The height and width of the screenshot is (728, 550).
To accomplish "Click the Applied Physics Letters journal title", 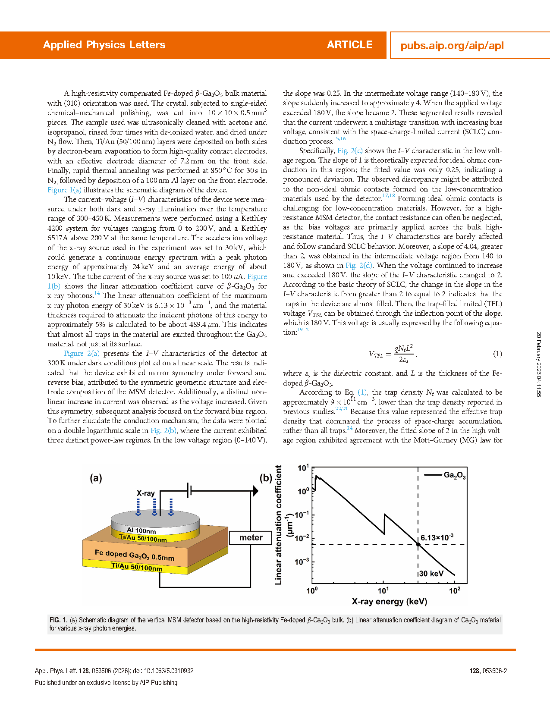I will pos(104,45).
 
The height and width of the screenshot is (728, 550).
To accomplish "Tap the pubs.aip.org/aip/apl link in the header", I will pos(452,46).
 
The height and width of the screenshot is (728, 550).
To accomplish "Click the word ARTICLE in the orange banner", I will pos(349,45).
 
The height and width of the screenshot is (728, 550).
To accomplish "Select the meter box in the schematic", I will pos(251,538).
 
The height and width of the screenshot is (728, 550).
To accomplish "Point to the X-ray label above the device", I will pos(145,493).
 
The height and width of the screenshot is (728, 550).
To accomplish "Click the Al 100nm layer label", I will pos(141,530).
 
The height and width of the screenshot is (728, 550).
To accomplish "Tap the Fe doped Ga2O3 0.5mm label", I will pos(135,555).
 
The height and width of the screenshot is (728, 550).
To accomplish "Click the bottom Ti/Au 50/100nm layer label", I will pos(137,567).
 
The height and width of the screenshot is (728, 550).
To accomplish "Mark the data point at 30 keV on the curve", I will pos(418,544).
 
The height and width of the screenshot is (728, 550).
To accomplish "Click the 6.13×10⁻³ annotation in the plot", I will pos(437,537).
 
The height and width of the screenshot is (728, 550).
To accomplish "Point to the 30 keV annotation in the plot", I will pos(431,574).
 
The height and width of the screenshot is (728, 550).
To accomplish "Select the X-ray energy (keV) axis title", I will pos(389,602).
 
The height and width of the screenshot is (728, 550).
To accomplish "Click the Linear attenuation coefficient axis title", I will pos(279,525).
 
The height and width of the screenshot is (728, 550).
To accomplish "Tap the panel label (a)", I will pos(96,478).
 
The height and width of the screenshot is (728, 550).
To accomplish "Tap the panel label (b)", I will pos(266,478).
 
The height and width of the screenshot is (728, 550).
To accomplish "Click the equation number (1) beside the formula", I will pos(497,354).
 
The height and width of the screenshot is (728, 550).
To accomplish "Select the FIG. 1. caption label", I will pos(58,620).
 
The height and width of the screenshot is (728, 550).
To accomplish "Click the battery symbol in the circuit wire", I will pos(189,490).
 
